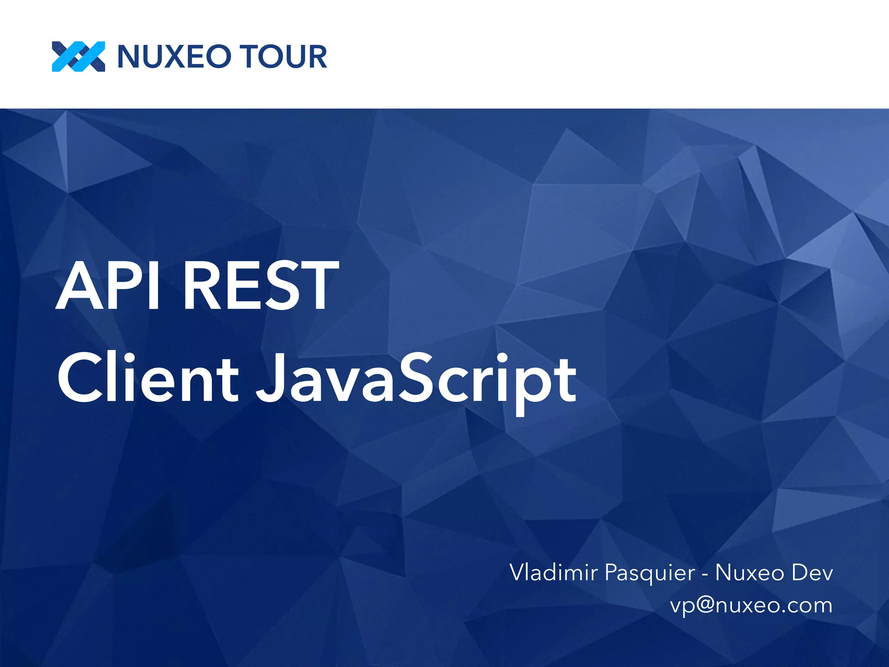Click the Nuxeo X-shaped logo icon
click(x=79, y=56)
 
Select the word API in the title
click(x=109, y=285)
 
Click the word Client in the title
click(x=148, y=377)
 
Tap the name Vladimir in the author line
click(x=554, y=572)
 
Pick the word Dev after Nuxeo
click(x=812, y=572)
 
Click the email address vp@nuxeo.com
click(x=751, y=605)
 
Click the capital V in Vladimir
click(x=518, y=572)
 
